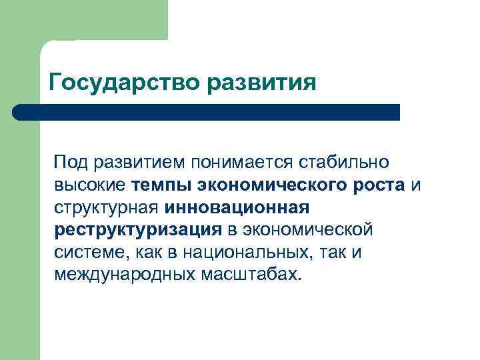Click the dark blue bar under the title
[x=207, y=112]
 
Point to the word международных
[x=123, y=275]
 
